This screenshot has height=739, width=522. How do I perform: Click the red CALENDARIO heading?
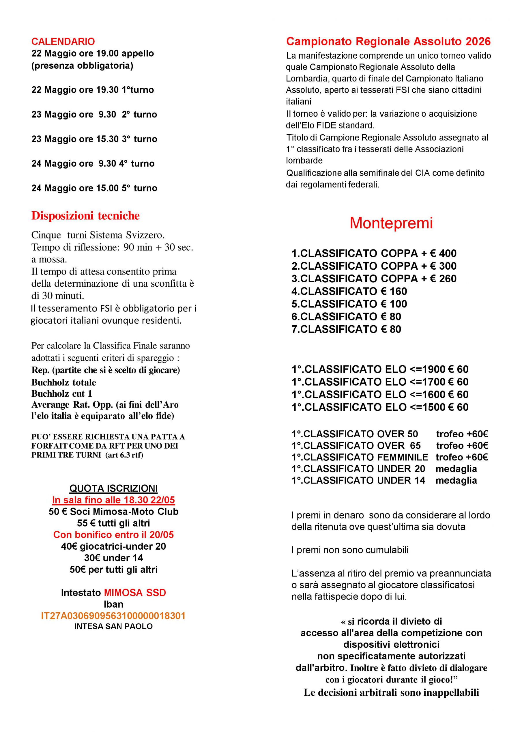click(63, 42)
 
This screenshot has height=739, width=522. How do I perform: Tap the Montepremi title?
click(391, 223)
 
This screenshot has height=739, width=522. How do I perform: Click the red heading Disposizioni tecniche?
click(85, 216)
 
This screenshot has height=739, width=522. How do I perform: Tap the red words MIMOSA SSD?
click(135, 593)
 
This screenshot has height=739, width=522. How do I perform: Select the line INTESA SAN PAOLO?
click(113, 626)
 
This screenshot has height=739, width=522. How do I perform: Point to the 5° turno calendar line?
click(94, 188)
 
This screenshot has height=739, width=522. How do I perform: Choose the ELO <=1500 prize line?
click(380, 407)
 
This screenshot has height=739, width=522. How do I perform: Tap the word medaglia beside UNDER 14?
click(456, 480)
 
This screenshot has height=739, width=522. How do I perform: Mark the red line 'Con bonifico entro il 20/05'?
click(113, 535)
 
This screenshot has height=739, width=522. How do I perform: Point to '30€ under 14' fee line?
click(113, 558)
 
